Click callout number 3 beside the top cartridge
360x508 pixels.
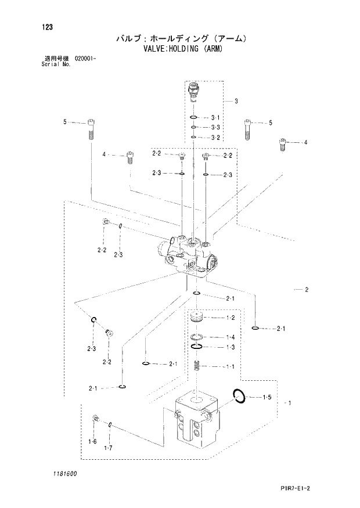coord(236,101)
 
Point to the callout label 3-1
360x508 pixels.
coord(215,117)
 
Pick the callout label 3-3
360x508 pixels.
coord(215,127)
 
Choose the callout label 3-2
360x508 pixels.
coord(215,138)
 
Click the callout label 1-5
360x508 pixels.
coord(267,397)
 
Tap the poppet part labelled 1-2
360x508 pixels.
coord(197,318)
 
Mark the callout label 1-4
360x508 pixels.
coord(230,337)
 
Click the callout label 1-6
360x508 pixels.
coord(92,442)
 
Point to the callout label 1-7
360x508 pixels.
coord(107,447)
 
